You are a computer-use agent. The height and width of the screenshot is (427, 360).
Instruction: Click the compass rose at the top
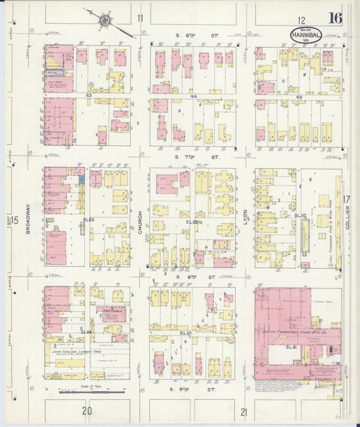click(x=105, y=22)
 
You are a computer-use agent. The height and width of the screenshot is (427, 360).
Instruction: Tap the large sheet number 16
click(x=335, y=18)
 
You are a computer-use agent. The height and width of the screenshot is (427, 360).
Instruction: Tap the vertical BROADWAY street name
click(x=28, y=220)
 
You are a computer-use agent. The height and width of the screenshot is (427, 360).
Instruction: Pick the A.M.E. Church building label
click(x=110, y=310)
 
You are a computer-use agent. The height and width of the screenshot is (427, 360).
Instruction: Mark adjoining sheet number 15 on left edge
click(x=14, y=220)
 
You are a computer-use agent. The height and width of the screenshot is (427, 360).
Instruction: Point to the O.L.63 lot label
click(x=88, y=220)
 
